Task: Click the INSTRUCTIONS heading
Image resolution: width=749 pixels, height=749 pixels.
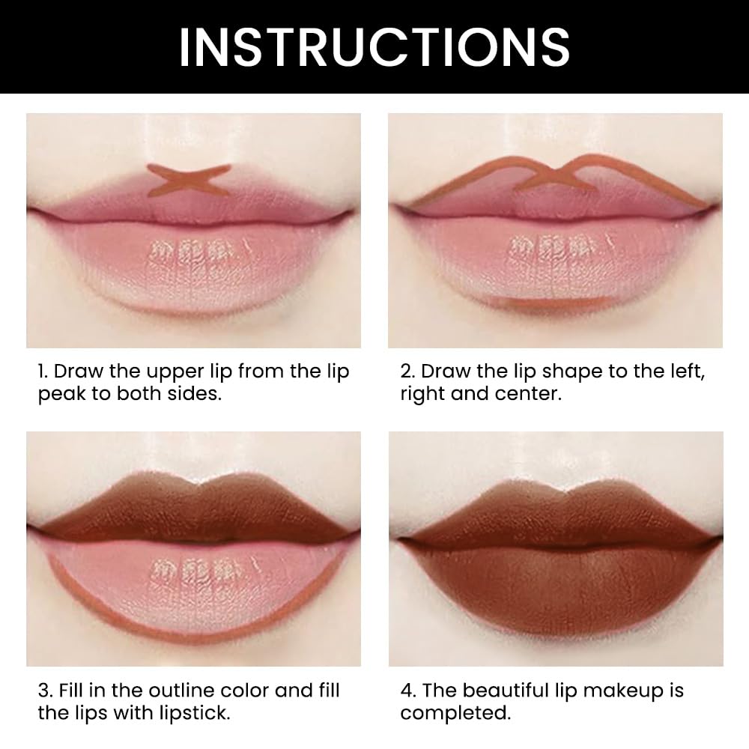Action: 374,46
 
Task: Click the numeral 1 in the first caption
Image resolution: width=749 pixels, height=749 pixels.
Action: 42,372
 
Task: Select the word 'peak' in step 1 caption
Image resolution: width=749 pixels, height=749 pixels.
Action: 61,395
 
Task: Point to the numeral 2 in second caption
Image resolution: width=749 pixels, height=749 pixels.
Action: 406,372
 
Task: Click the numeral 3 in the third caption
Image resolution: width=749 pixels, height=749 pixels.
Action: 43,691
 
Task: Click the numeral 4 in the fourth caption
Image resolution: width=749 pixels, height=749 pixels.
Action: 406,691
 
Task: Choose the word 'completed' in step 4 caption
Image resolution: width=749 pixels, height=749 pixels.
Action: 454,712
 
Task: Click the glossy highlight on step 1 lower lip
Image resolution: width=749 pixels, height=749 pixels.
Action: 191,251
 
